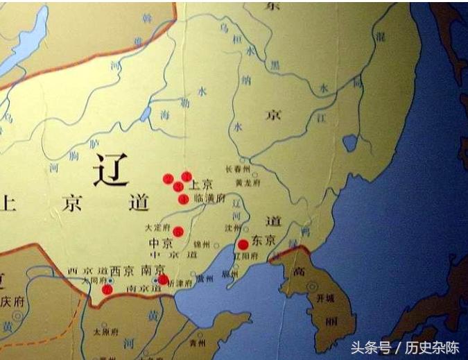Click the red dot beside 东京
243,244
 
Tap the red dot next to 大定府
178,232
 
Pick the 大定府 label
156,227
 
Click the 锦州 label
201,245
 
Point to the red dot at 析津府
163,280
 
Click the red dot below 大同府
107,289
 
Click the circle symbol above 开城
313,286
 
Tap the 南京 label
153,269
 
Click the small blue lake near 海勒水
146,114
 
